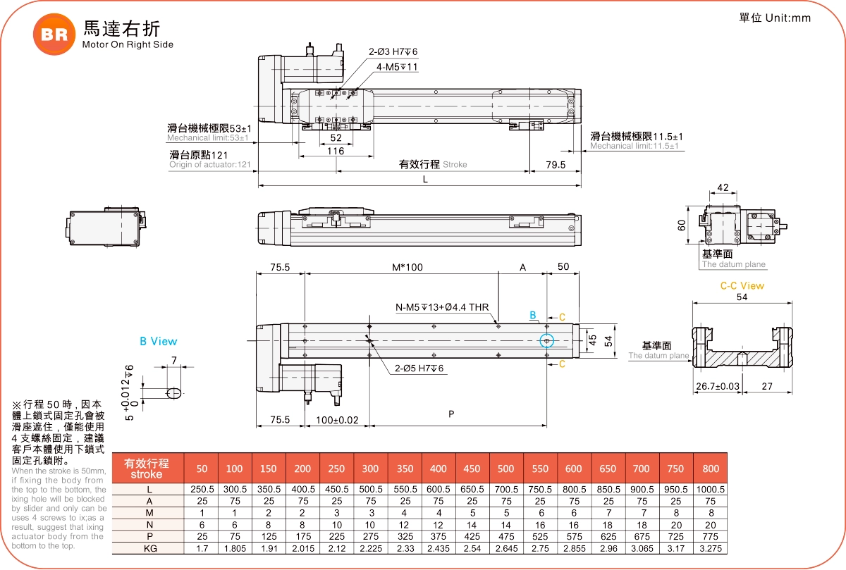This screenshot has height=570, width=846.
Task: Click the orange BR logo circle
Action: [x=54, y=35]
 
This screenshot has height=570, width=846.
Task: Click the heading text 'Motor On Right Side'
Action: [x=128, y=44]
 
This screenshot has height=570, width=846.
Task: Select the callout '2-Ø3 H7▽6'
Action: [x=393, y=52]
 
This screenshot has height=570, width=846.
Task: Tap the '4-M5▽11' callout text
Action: [x=397, y=67]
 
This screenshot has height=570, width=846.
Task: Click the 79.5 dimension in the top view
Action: [x=556, y=165]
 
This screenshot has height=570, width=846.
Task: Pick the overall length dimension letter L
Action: [x=425, y=180]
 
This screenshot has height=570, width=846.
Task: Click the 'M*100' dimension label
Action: [x=407, y=268]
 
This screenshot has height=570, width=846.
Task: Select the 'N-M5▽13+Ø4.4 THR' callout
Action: [x=442, y=308]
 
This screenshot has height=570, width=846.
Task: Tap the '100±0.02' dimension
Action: [x=337, y=420]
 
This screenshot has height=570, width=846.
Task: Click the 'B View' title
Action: [x=159, y=342]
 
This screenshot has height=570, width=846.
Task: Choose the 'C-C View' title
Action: [x=742, y=286]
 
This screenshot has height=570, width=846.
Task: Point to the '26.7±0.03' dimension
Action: [x=718, y=386]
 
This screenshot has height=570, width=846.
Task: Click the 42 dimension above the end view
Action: [x=723, y=188]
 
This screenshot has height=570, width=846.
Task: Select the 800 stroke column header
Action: [x=711, y=469]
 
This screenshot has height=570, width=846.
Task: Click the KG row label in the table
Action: [x=149, y=548]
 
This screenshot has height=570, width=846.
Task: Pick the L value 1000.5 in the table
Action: [x=711, y=489]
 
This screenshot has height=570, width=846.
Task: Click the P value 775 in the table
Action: [x=711, y=536]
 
